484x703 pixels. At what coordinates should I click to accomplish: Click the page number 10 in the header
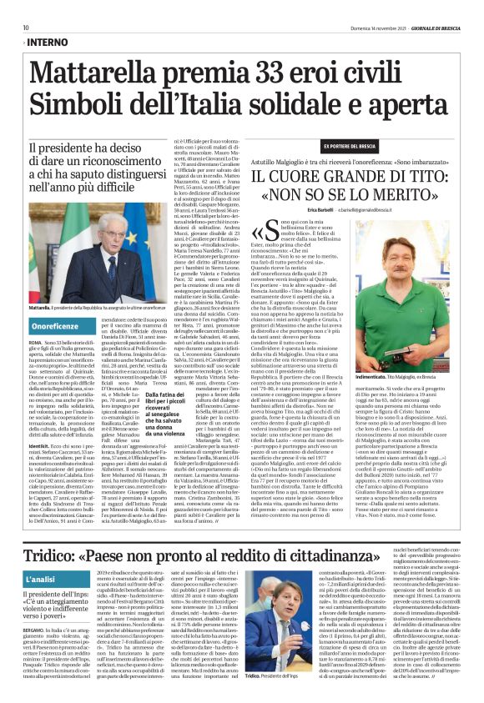coord(26,28)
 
